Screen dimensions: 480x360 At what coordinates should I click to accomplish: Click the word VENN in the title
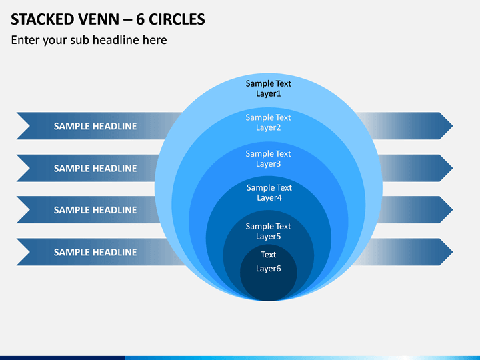tap(99, 19)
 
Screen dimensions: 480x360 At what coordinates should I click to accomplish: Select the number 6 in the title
tap(140, 19)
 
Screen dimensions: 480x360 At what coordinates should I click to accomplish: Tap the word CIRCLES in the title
tap(177, 19)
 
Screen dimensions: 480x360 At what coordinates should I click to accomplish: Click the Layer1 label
tap(269, 94)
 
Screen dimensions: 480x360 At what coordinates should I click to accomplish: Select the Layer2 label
tap(269, 127)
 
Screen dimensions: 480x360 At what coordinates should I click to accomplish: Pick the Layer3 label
tap(269, 164)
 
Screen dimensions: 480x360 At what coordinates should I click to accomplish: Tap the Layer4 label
tap(269, 198)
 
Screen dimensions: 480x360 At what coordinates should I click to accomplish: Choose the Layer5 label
tap(269, 236)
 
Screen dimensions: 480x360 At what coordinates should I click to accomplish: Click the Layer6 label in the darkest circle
tap(269, 269)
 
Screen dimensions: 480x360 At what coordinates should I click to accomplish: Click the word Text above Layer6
tap(269, 255)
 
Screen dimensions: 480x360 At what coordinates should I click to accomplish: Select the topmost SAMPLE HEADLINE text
tap(95, 126)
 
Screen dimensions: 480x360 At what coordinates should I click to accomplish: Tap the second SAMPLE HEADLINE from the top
tap(95, 169)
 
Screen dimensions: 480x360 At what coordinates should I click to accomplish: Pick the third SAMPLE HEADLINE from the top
tap(95, 210)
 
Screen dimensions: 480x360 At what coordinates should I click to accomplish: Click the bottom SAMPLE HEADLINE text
tap(95, 252)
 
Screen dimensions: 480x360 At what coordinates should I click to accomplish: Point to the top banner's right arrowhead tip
tap(453, 126)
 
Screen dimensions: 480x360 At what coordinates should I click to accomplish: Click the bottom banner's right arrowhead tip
tap(453, 252)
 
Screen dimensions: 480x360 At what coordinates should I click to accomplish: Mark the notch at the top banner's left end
tap(30, 126)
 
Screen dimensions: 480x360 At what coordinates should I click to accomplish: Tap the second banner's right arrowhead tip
tap(453, 168)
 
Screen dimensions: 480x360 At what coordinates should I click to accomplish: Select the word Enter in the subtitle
tap(25, 40)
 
